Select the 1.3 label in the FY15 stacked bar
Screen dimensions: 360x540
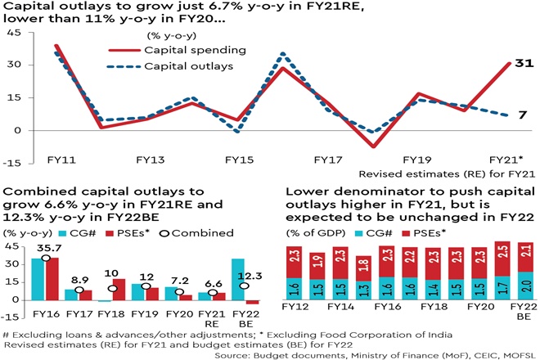point(362,287)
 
